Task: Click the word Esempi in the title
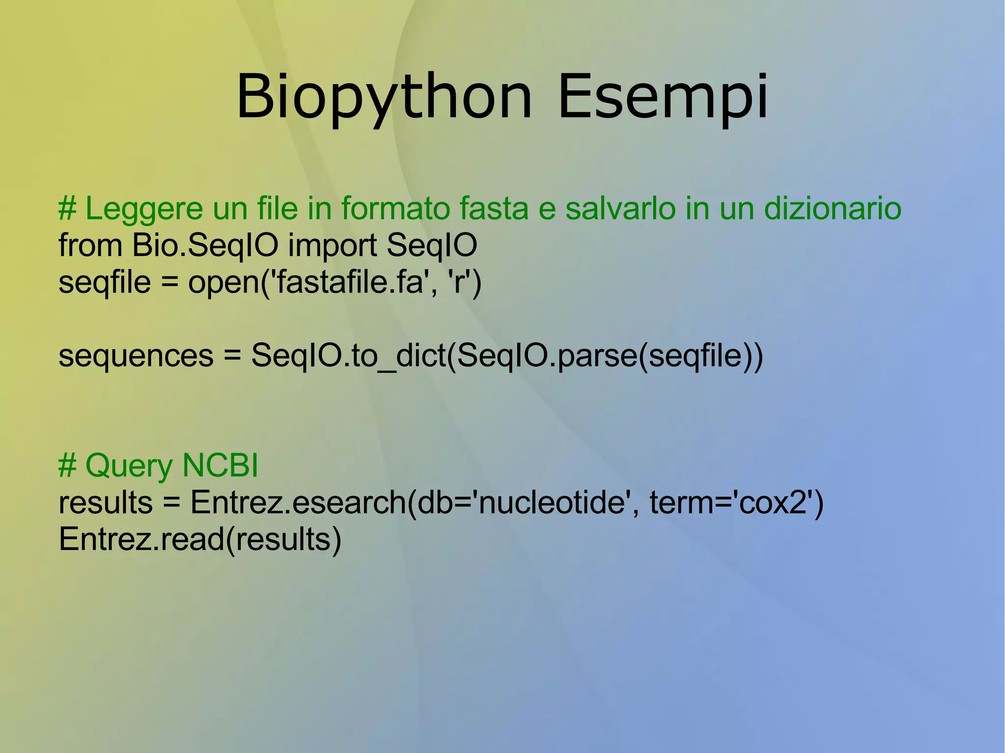(663, 97)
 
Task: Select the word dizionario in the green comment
(832, 208)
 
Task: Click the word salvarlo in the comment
(621, 208)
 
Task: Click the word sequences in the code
(136, 356)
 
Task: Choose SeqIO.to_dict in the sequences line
(348, 356)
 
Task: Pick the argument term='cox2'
(731, 502)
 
